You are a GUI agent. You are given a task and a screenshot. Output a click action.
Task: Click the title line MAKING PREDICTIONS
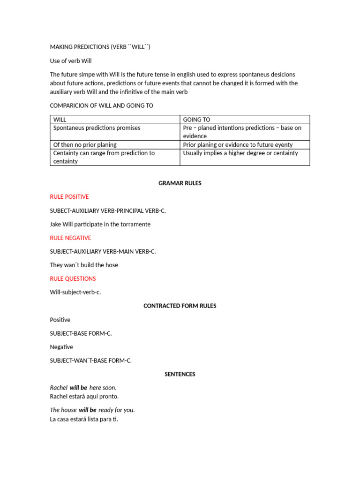pyautogui.click(x=100, y=47)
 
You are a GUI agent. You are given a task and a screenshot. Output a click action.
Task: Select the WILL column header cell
pyautogui.click(x=115, y=120)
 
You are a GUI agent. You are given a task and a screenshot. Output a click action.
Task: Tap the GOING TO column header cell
pyautogui.click(x=245, y=120)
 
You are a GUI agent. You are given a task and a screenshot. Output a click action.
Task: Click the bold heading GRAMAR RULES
pyautogui.click(x=180, y=183)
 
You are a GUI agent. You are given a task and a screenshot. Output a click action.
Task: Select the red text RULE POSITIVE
pyautogui.click(x=69, y=197)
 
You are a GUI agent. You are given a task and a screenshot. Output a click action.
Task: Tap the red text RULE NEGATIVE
pyautogui.click(x=71, y=238)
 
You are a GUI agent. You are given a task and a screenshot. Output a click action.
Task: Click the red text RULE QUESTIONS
pyautogui.click(x=73, y=278)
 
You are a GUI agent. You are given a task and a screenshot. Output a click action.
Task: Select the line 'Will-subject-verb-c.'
pyautogui.click(x=75, y=292)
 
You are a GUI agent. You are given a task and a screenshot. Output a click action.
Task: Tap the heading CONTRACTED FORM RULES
pyautogui.click(x=180, y=306)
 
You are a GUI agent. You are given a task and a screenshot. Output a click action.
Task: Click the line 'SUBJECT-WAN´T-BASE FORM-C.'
pyautogui.click(x=91, y=360)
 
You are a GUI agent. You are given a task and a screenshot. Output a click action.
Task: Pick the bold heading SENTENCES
pyautogui.click(x=180, y=374)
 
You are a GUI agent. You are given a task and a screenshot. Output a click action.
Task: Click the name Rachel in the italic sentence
pyautogui.click(x=59, y=388)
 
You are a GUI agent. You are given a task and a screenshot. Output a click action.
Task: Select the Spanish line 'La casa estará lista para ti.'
pyautogui.click(x=84, y=419)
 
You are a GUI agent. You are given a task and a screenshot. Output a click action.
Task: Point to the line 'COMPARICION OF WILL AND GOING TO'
pyautogui.click(x=102, y=105)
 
